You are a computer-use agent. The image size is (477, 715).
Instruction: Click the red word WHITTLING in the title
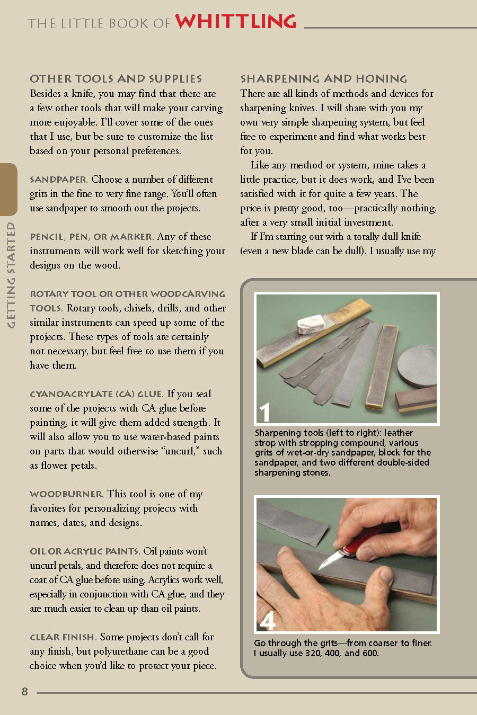[x=236, y=21]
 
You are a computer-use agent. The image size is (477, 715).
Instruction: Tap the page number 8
[x=24, y=691]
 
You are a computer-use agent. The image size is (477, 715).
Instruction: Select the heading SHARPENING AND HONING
[x=324, y=79]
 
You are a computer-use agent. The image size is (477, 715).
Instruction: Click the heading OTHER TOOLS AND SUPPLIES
[x=116, y=79]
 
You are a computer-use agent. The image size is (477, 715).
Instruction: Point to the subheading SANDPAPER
[x=58, y=180]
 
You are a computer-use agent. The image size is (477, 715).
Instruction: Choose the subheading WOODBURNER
[x=66, y=494]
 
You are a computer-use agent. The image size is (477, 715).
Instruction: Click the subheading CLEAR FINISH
[x=63, y=637]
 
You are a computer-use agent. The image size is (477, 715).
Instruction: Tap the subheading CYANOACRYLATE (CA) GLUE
[x=96, y=394]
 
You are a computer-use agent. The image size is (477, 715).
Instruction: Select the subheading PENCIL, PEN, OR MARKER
[x=91, y=237]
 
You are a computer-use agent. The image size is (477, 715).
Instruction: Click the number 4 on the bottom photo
[x=268, y=620]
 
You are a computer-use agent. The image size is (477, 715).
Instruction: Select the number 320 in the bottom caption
[x=313, y=653]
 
